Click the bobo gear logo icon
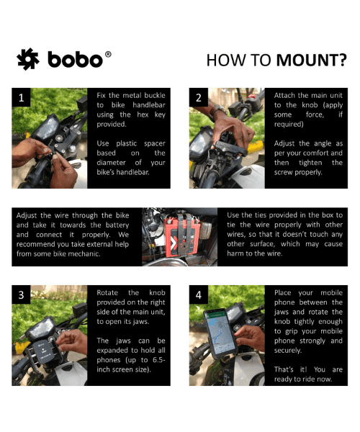point(28,59)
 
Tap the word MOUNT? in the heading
point(312,60)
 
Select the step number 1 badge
point(21,97)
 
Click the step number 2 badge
point(199,97)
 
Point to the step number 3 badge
point(21,294)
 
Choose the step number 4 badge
point(199,294)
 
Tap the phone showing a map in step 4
point(220,333)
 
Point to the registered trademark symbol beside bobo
point(108,54)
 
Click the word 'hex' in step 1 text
point(143,114)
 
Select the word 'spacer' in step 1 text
point(155,144)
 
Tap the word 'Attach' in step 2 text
point(285,95)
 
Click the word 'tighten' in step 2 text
point(310,163)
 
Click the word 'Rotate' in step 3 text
point(107,292)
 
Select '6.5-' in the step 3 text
point(159,360)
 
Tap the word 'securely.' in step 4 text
point(288,351)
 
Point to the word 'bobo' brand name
point(75,60)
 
